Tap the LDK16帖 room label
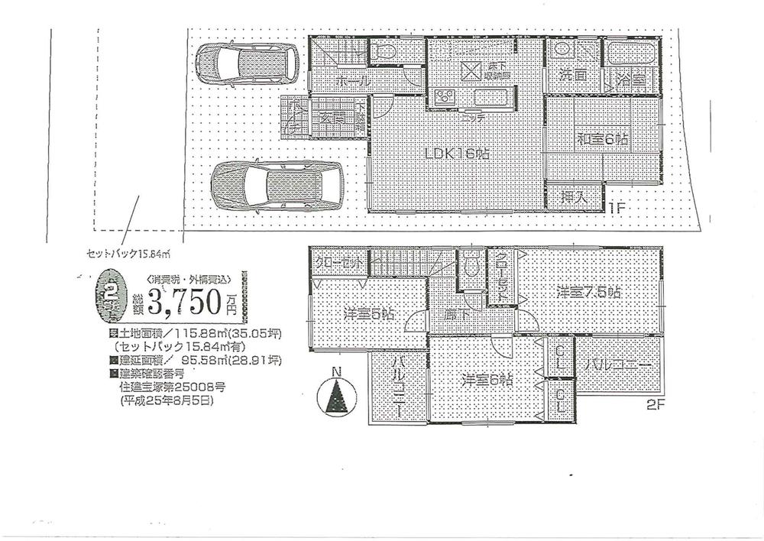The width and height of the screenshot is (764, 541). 458,153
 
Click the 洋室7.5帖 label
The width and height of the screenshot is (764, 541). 588,292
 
